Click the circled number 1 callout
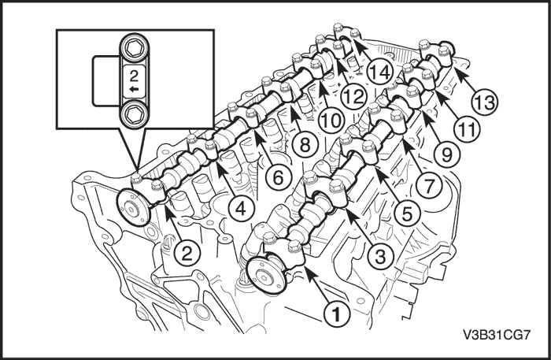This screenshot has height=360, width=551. [x=336, y=314]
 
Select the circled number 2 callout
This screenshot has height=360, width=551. [x=187, y=253]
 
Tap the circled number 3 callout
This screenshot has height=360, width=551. [x=381, y=255]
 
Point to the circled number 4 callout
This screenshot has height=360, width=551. [x=241, y=210]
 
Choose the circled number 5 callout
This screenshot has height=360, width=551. [x=407, y=213]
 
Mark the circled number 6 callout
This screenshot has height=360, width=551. [x=279, y=177]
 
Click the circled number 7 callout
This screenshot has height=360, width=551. [x=429, y=185]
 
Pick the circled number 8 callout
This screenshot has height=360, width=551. [x=305, y=144]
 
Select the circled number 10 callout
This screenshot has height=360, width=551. [x=330, y=121]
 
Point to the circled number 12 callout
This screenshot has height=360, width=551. [x=354, y=96]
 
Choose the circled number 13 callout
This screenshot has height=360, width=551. [x=486, y=102]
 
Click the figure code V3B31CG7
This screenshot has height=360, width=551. [x=497, y=335]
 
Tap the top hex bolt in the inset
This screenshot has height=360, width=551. [x=134, y=48]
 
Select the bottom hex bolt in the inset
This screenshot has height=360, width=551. [x=134, y=114]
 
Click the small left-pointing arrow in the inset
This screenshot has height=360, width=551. [x=134, y=89]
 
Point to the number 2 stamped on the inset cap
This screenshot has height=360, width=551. [x=134, y=76]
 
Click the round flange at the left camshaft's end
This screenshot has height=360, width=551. [x=133, y=208]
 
